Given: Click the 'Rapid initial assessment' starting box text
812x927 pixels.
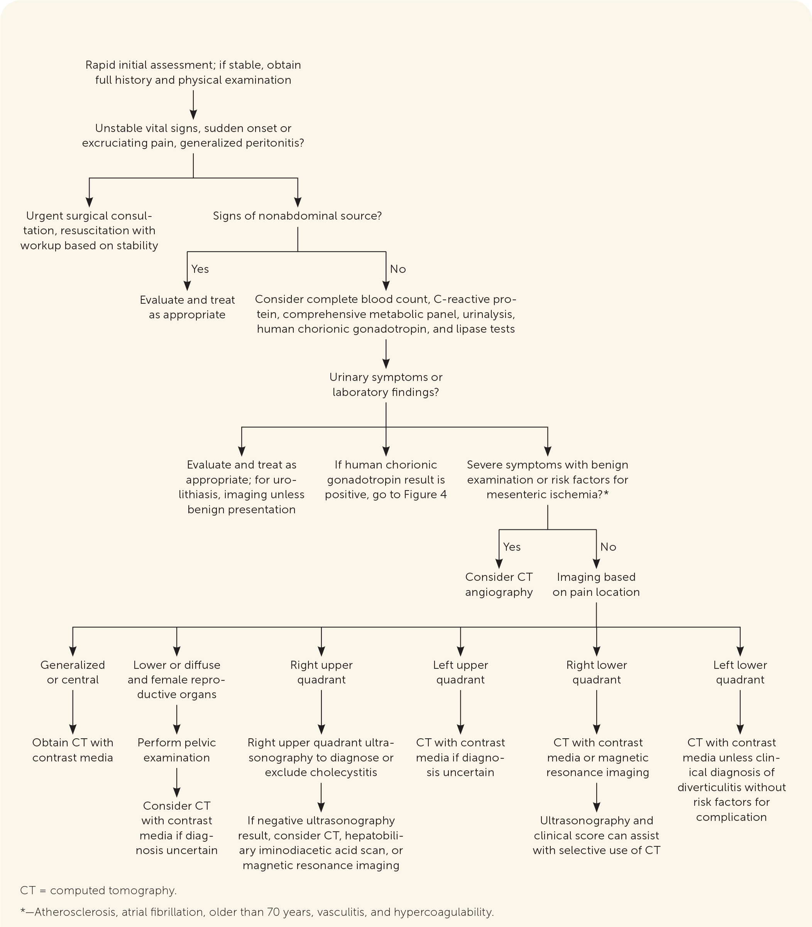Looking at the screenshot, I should click(193, 73).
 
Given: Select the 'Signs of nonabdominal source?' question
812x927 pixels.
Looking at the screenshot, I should click(297, 216).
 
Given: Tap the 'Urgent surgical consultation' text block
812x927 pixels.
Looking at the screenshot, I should click(89, 231).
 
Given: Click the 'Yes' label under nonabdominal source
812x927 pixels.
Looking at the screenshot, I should click(200, 269).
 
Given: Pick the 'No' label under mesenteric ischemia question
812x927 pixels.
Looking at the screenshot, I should click(608, 547).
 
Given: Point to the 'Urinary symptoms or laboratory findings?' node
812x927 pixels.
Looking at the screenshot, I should click(386, 385).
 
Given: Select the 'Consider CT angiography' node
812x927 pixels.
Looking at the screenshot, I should click(499, 584).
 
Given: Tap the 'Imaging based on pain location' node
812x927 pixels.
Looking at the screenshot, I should click(596, 584).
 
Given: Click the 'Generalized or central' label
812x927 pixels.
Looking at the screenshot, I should click(73, 672).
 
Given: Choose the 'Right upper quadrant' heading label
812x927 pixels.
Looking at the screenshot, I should click(321, 672).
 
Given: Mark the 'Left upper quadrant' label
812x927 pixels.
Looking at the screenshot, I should click(460, 672).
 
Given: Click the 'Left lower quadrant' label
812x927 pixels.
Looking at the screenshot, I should click(740, 672).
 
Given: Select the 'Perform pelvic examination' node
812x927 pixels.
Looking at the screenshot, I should click(177, 750).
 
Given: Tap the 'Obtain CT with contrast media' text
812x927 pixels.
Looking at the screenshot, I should click(73, 750).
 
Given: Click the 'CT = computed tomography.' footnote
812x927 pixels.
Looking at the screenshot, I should click(98, 890).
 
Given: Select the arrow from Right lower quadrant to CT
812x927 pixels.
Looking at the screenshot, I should click(596, 711).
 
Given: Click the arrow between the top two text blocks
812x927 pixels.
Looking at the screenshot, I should click(193, 105).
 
